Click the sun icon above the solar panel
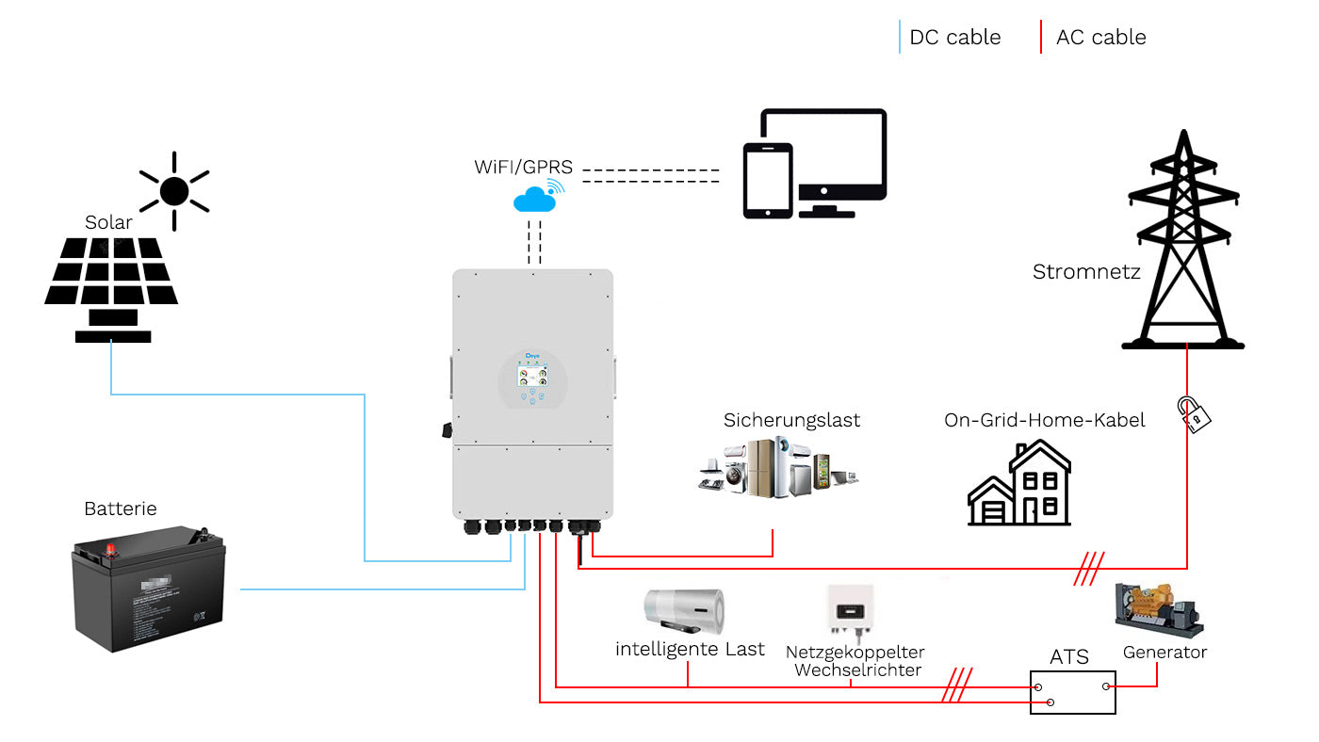(174, 191)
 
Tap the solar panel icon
(111, 282)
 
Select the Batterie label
(121, 509)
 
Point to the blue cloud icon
(535, 200)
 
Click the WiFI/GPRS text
(523, 168)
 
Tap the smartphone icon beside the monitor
(768, 181)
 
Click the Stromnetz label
(1086, 272)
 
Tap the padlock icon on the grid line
(1192, 414)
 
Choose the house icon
(1019, 485)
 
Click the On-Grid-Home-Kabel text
(1044, 420)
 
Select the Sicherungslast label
(791, 420)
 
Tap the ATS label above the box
(1069, 656)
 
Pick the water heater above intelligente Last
(684, 611)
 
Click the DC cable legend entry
(954, 38)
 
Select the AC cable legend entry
(1100, 38)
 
